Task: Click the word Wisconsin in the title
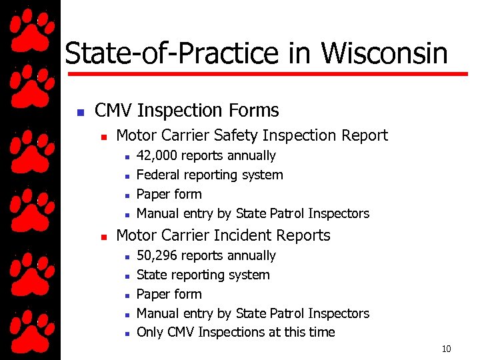tap(385, 53)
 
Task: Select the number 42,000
tap(157, 156)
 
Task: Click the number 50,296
tap(157, 256)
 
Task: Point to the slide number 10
tap(446, 349)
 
